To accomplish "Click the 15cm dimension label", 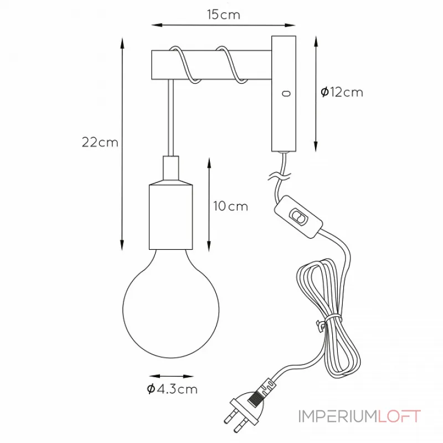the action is pyautogui.click(x=223, y=15).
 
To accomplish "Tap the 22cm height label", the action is pyautogui.click(x=100, y=142).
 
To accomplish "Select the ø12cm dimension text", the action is pyautogui.click(x=342, y=92).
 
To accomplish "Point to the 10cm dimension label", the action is pyautogui.click(x=230, y=206).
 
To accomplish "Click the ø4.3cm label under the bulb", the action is pyautogui.click(x=172, y=389).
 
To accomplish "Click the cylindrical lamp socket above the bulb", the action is pyautogui.click(x=171, y=217).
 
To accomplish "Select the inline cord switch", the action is pyautogui.click(x=298, y=217).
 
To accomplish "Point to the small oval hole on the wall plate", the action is pyautogui.click(x=286, y=93).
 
